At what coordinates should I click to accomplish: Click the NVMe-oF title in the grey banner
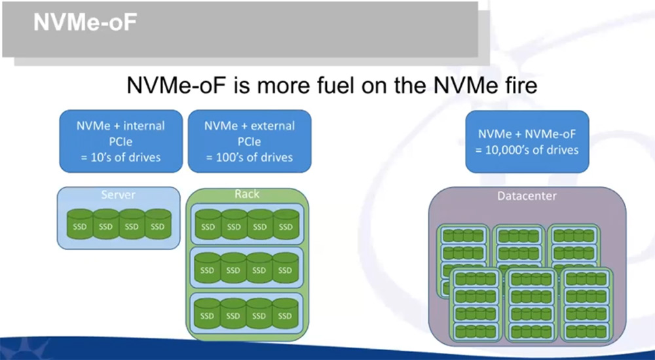(85, 22)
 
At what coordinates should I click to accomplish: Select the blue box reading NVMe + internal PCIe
(121, 141)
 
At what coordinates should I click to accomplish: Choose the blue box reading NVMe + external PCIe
(250, 141)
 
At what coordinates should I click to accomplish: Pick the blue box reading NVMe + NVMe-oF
(527, 141)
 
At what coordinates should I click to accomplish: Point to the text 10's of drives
(126, 158)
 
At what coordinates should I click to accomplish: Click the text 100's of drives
(254, 158)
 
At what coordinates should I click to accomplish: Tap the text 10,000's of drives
(532, 150)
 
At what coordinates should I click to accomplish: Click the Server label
(118, 194)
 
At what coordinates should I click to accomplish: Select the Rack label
(247, 194)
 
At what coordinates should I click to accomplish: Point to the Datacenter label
(527, 196)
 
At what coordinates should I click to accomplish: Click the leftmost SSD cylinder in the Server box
(80, 225)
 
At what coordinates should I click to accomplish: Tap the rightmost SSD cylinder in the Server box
(158, 225)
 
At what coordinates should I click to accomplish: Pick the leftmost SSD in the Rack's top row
(208, 225)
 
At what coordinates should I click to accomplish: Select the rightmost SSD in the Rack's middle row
(286, 268)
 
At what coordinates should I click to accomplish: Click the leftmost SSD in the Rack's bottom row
(207, 314)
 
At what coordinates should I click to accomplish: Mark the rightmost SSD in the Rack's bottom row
(286, 314)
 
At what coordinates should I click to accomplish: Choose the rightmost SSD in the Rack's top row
(286, 225)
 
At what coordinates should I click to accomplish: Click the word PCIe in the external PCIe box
(250, 141)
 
